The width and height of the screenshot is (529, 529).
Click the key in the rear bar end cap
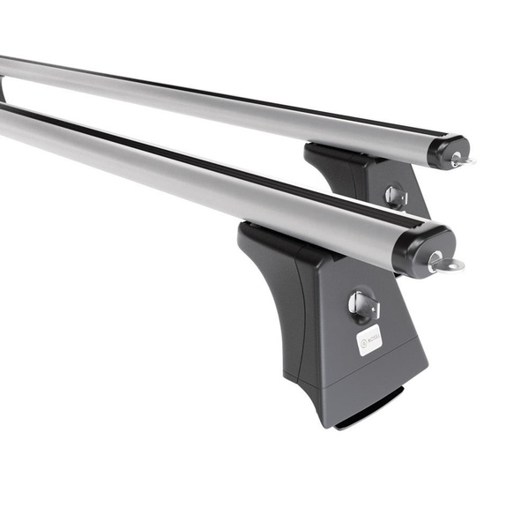(x=461, y=160)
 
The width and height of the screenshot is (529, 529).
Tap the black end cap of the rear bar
(x=445, y=151)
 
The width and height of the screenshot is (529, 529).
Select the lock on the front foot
(x=361, y=305)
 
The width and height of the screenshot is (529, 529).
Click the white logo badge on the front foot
(x=369, y=340)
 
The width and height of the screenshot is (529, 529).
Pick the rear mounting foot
(x=370, y=181)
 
